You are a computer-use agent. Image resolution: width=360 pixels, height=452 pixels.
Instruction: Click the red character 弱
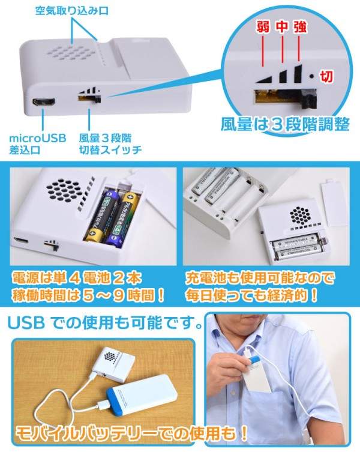pos(262,27)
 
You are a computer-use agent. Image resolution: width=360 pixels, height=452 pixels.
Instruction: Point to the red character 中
pos(281,27)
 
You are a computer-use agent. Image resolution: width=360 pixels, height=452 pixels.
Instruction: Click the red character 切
pos(327,76)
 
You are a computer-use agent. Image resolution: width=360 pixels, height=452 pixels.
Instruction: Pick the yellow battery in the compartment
pos(126,219)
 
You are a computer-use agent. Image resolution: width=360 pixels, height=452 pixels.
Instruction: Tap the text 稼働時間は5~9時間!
pos(89,296)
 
